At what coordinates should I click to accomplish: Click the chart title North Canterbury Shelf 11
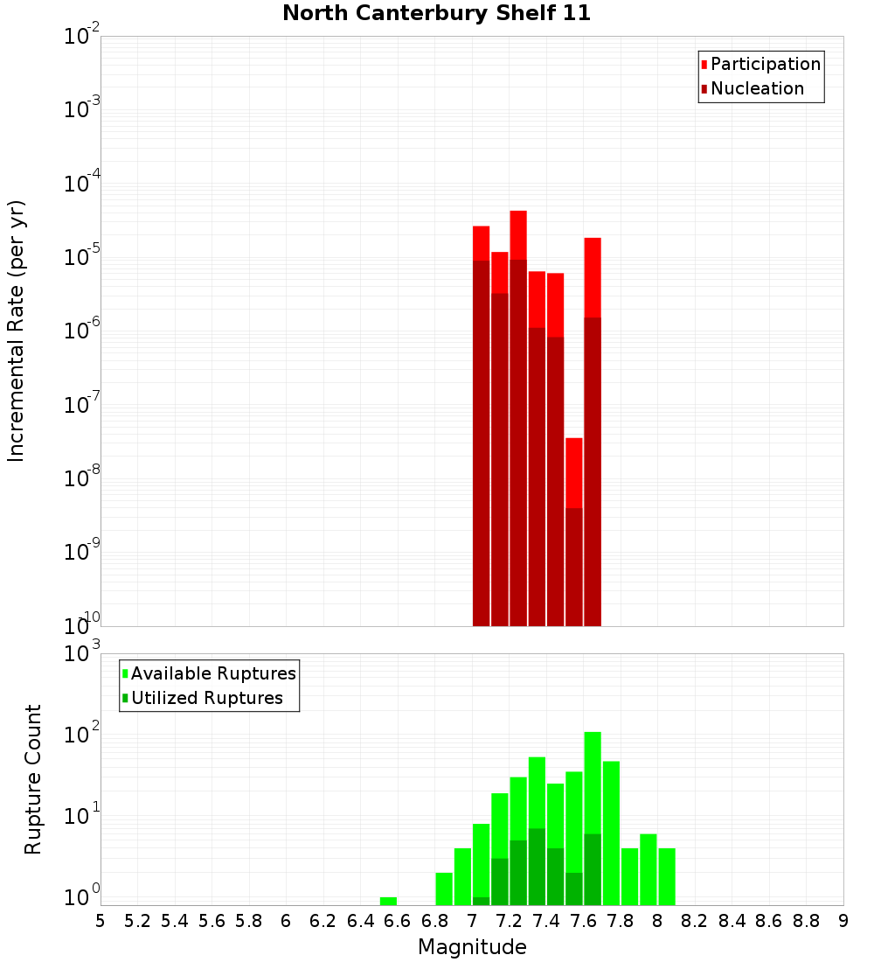(x=436, y=14)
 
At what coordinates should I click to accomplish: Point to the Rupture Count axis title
(x=33, y=779)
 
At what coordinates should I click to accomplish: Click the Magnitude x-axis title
(x=472, y=947)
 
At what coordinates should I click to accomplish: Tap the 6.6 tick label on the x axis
(x=398, y=922)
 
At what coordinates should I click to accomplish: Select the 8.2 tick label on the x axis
(x=695, y=922)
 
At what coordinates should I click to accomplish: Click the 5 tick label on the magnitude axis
(x=101, y=922)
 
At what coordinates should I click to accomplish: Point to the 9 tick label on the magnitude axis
(x=843, y=922)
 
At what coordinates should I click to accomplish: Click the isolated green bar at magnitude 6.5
(x=388, y=901)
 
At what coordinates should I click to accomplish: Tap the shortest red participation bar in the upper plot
(x=574, y=472)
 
